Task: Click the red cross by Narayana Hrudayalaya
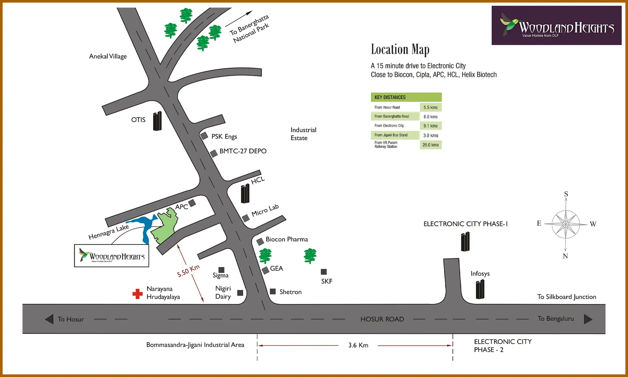pyautogui.click(x=137, y=294)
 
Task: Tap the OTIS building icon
pyautogui.click(x=157, y=121)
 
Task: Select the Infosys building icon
pyautogui.click(x=480, y=289)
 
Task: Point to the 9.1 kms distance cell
pyautogui.click(x=430, y=126)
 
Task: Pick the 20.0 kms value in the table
pyautogui.click(x=430, y=145)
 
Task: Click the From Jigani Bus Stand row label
pyautogui.click(x=391, y=135)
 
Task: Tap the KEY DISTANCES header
pyautogui.click(x=390, y=97)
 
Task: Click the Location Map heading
pyautogui.click(x=400, y=49)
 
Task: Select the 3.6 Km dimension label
pyautogui.click(x=358, y=345)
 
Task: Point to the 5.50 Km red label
pyautogui.click(x=188, y=271)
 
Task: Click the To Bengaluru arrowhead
pyautogui.click(x=588, y=319)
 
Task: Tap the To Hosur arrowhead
pyautogui.click(x=49, y=319)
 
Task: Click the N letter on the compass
pyautogui.click(x=565, y=256)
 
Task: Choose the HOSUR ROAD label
pyautogui.click(x=382, y=319)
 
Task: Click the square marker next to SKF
pyautogui.click(x=324, y=272)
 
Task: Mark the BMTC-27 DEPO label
pyautogui.click(x=243, y=151)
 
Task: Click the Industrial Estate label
pyautogui.click(x=303, y=134)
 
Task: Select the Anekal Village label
pyautogui.click(x=108, y=56)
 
